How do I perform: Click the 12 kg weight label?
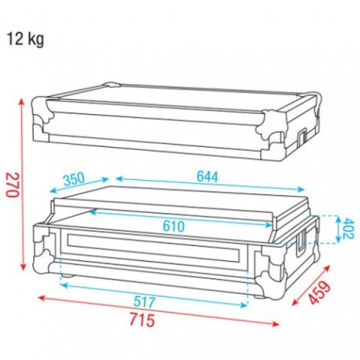click(x=25, y=39)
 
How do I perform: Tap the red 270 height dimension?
click(x=13, y=185)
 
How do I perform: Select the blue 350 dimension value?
click(x=74, y=179)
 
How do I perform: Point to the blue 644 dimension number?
click(x=208, y=176)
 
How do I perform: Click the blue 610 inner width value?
click(x=174, y=226)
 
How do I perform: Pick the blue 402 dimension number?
click(x=348, y=229)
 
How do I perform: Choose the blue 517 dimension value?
click(x=145, y=302)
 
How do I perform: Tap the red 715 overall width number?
click(x=142, y=320)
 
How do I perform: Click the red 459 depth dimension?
click(x=319, y=292)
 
